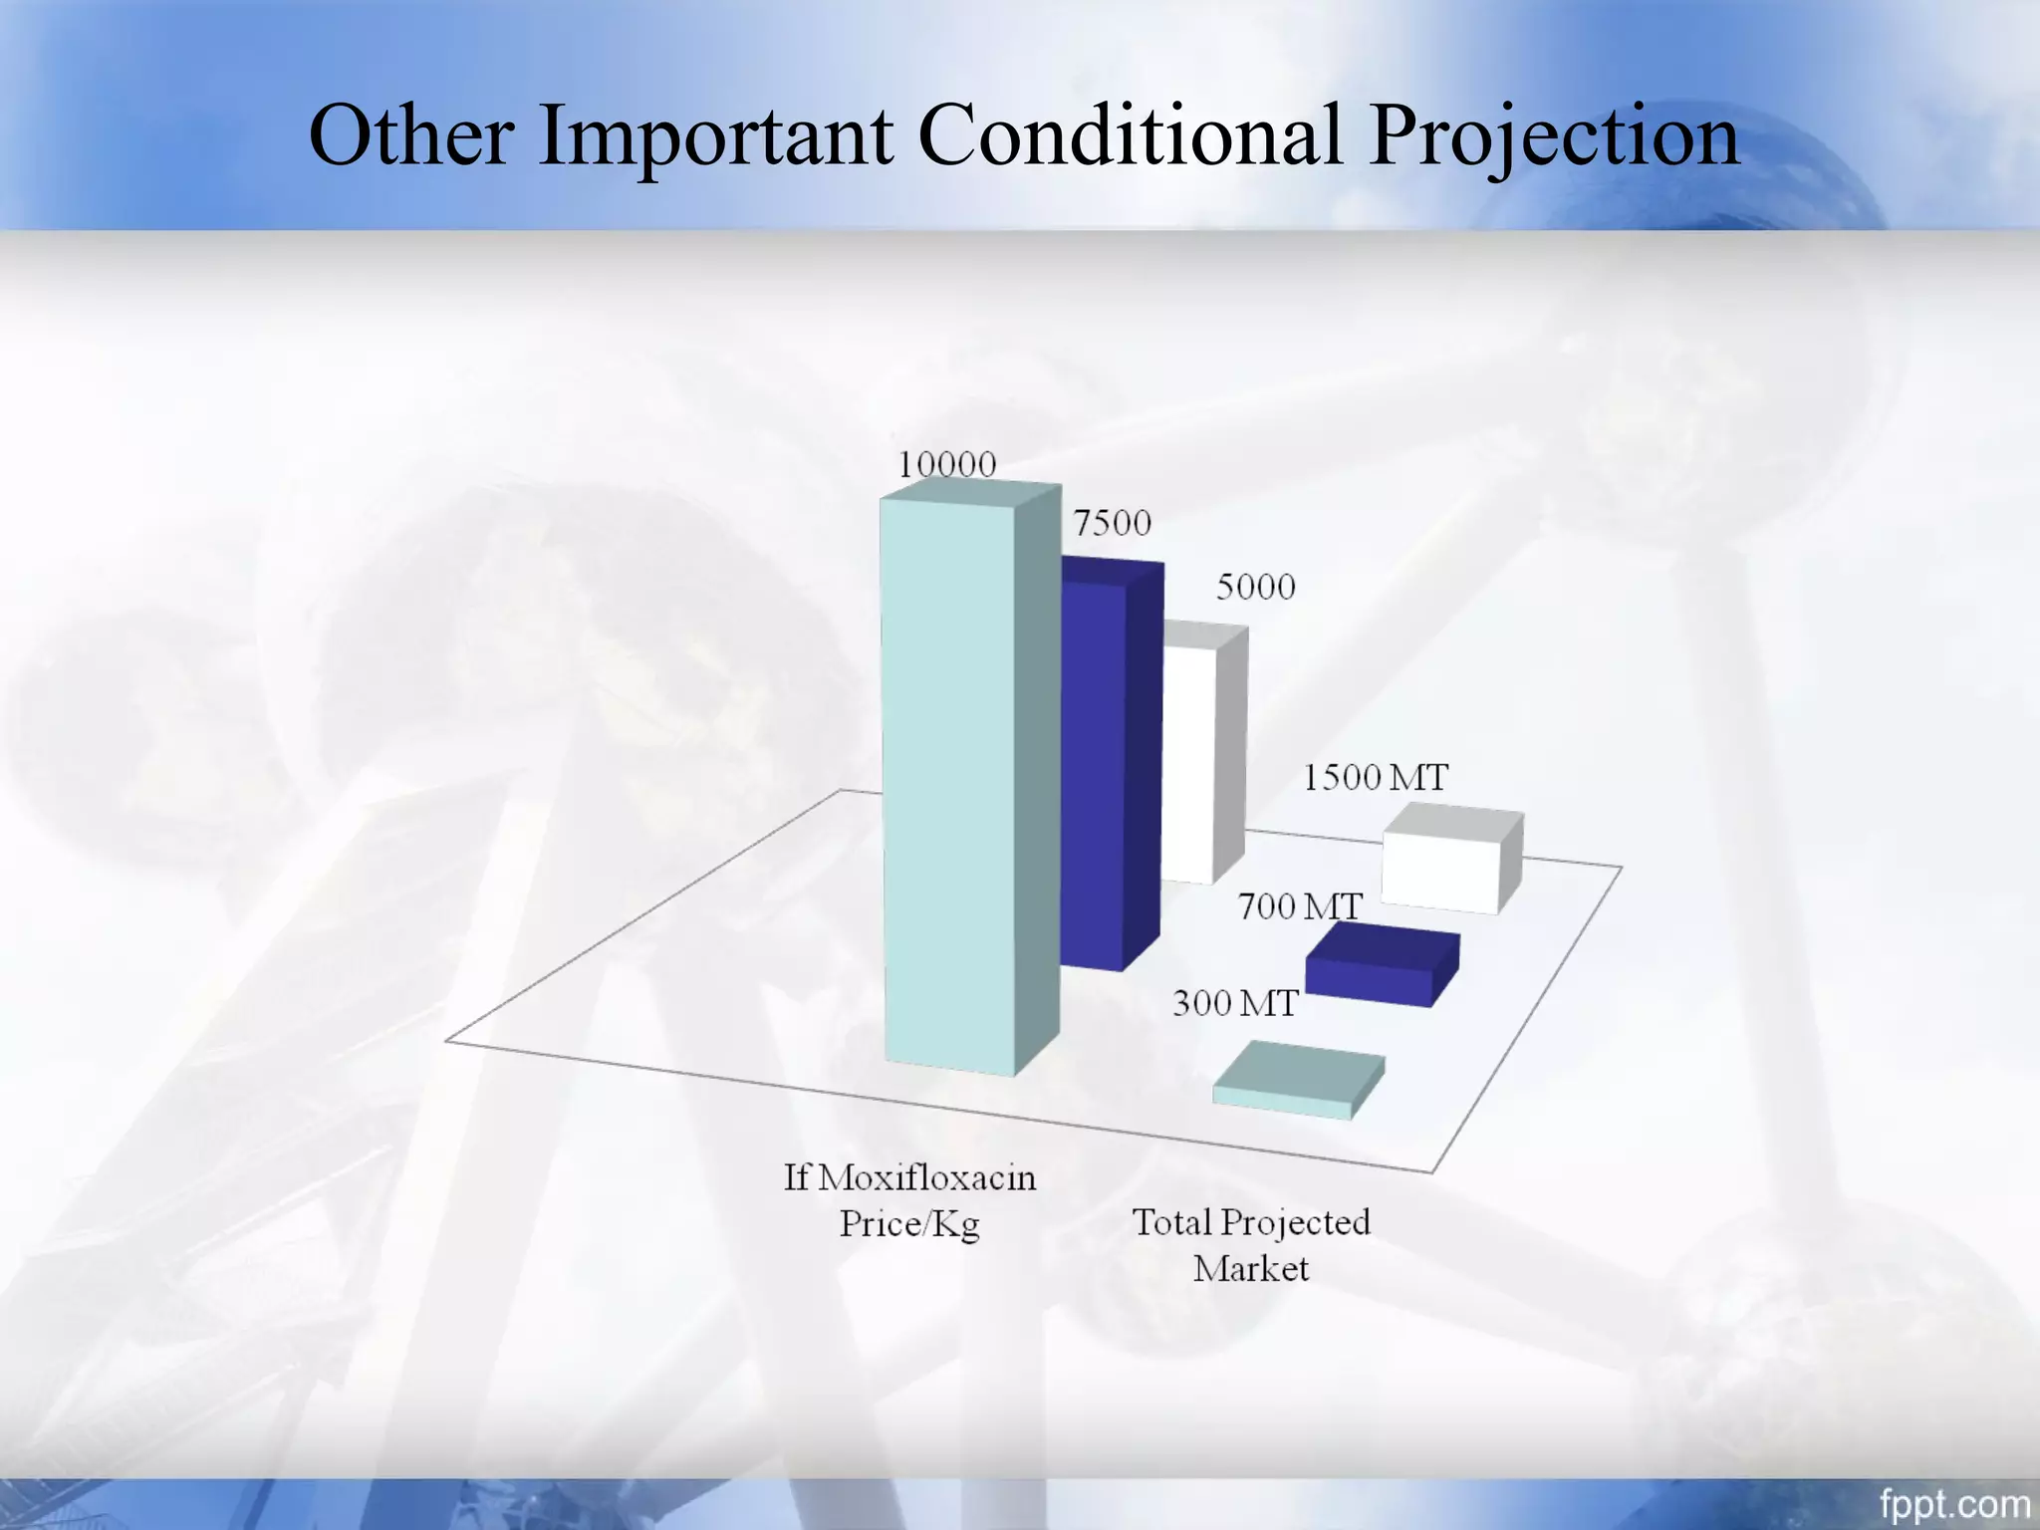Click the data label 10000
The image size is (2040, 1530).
pyautogui.click(x=946, y=465)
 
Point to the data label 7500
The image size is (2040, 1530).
pyautogui.click(x=1112, y=523)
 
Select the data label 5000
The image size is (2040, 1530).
pyautogui.click(x=1255, y=587)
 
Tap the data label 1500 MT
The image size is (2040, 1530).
pyautogui.click(x=1376, y=778)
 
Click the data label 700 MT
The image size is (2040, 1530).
pyautogui.click(x=1300, y=907)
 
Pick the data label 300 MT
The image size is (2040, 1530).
pyautogui.click(x=1235, y=1004)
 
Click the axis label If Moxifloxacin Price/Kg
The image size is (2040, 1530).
pyautogui.click(x=909, y=1200)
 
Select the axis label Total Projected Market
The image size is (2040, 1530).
pyautogui.click(x=1251, y=1245)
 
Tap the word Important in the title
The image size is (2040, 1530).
pyautogui.click(x=716, y=136)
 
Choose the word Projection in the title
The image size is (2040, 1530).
pyautogui.click(x=1554, y=136)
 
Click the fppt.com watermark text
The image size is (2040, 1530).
pyautogui.click(x=1954, y=1503)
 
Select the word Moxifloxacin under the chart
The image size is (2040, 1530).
pyautogui.click(x=927, y=1178)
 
